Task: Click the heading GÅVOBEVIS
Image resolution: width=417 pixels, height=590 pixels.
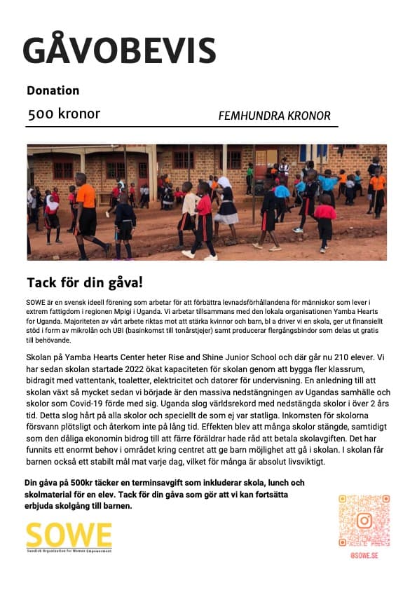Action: [119, 50]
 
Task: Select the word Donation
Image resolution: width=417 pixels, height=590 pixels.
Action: [53, 90]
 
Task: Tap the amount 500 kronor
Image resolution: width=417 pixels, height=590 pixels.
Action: [64, 114]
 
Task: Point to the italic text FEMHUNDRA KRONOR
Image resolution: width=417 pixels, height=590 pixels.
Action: [274, 116]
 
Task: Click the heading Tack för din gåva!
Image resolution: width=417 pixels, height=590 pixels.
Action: [85, 282]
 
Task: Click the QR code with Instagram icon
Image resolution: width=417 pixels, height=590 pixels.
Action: [364, 521]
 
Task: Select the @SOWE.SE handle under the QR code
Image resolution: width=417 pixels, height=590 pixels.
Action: [364, 555]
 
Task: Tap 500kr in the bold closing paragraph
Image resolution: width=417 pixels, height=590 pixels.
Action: [81, 483]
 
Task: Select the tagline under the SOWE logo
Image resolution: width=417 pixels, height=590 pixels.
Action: [69, 551]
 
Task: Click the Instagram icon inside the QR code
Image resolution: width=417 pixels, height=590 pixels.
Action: [364, 521]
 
